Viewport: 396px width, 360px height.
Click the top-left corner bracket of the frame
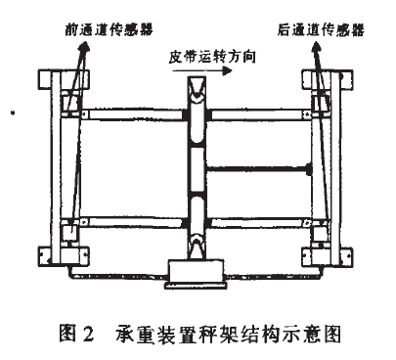[46, 78]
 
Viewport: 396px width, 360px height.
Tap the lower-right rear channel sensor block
[321, 233]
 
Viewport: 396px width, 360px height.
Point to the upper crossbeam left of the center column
[132, 115]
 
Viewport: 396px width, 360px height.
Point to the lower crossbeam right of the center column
[259, 221]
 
